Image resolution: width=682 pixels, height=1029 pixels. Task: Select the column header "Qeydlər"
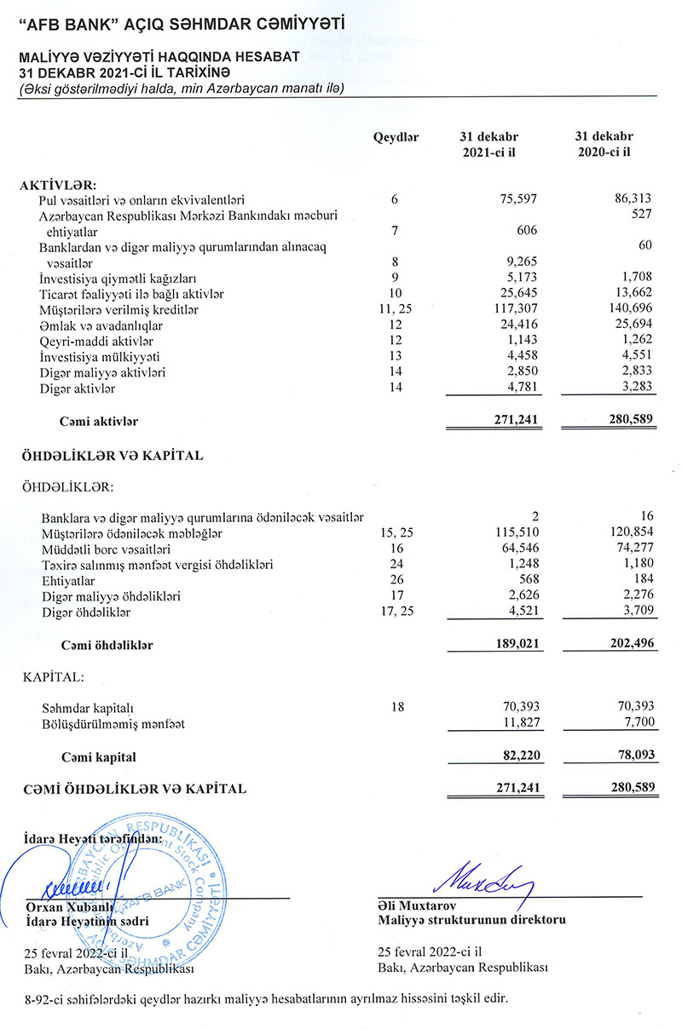(396, 136)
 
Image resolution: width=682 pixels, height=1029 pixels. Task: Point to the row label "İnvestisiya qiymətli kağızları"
(118, 279)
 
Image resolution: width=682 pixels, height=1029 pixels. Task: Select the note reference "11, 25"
(395, 310)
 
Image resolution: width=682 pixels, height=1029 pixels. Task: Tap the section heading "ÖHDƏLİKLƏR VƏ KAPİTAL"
(112, 456)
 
